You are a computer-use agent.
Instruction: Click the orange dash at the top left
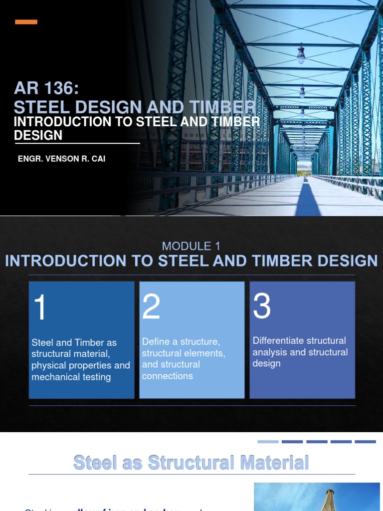coord(26,22)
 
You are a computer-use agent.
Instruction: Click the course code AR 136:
coord(46,89)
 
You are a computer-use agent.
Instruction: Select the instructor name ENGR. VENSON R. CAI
coord(61,159)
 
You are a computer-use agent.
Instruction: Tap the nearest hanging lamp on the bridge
coord(301,55)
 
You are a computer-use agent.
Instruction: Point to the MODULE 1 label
coord(191,246)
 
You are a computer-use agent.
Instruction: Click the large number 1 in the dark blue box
coord(40,307)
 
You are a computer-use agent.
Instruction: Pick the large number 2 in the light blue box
coord(151,306)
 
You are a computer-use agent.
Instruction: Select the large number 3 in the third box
coord(262,305)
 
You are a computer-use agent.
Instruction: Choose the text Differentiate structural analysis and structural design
coord(300,352)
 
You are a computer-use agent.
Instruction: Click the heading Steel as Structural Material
coord(191,462)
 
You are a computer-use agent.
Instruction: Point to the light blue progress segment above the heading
coord(268,442)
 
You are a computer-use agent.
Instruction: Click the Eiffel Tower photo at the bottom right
coord(317,497)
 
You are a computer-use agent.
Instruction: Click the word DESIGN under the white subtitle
coord(38,135)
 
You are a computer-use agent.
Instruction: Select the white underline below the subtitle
coord(77,143)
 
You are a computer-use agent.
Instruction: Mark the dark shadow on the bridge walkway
coord(309,200)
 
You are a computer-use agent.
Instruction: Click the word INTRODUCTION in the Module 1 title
coord(59,260)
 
